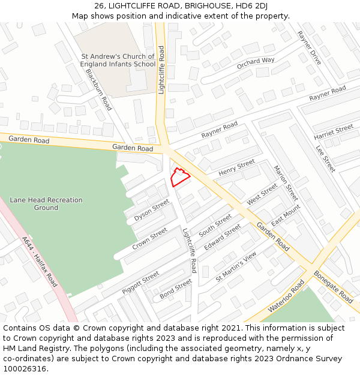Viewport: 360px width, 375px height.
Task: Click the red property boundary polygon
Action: point(180,178)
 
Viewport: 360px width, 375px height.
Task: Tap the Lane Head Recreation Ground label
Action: point(46,204)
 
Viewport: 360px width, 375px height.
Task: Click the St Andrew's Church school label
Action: point(118,60)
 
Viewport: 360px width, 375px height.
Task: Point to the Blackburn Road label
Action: point(98,89)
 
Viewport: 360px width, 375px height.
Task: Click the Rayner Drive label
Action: point(310,49)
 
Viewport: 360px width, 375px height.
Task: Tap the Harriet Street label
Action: point(334,133)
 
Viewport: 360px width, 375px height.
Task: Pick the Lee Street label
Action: point(325,158)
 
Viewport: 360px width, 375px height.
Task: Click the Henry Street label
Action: point(236,168)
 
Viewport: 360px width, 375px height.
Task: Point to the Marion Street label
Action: point(286,182)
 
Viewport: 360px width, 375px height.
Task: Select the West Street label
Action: point(262,194)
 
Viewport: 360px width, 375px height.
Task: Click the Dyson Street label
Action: point(152,211)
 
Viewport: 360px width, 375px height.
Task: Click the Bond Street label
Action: point(176,289)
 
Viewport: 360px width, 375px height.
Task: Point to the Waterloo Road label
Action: point(287,295)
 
